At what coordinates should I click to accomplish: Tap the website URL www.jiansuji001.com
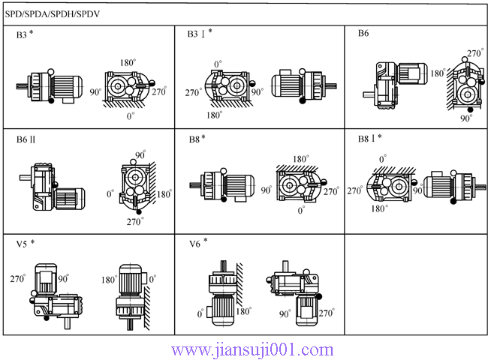point(252,349)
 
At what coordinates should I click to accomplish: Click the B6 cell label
point(363,34)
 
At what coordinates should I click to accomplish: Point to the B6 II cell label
point(26,139)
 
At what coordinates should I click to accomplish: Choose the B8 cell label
point(197,139)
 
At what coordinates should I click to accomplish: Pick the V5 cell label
point(26,244)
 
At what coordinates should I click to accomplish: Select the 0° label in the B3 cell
point(131,116)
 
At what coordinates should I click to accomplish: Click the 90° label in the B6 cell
point(466,118)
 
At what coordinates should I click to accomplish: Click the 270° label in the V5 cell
point(20,278)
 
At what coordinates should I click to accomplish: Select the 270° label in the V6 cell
point(327,314)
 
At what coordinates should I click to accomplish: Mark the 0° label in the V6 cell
point(200,313)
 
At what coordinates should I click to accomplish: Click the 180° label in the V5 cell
point(107,280)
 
